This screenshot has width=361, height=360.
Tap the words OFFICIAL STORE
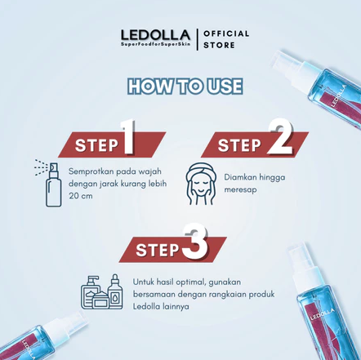tap(226, 39)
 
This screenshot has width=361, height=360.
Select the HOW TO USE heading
tap(184, 87)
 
